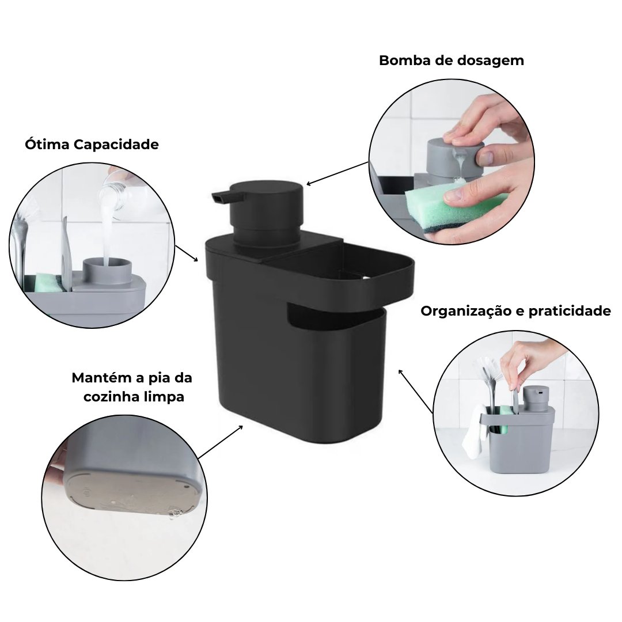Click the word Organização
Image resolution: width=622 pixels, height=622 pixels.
(472, 312)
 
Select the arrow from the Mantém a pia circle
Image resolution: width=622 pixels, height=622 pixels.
(221, 442)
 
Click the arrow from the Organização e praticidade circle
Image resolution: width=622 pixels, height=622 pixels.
(415, 391)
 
